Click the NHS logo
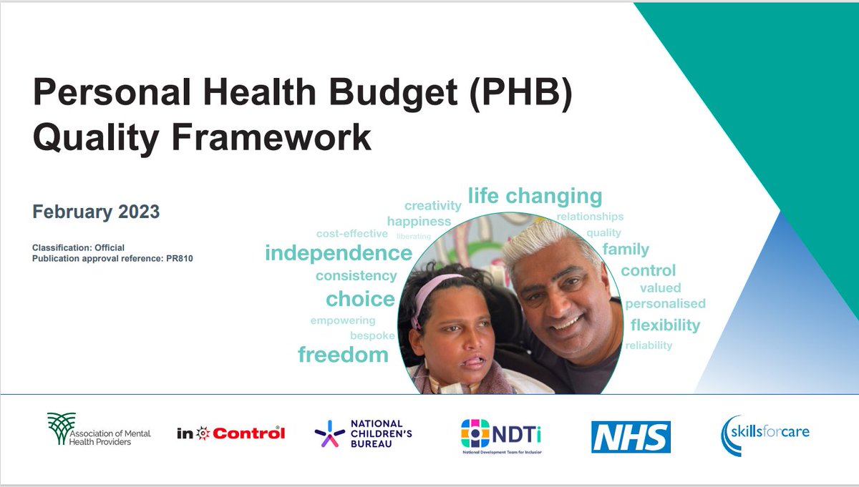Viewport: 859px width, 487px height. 631,436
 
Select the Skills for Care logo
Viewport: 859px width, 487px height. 765,435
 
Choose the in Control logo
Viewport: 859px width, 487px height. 230,433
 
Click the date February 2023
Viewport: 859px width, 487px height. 96,212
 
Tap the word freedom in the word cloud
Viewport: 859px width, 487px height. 343,354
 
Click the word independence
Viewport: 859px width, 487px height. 339,253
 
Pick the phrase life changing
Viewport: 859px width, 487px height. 535,196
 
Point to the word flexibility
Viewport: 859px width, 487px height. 665,325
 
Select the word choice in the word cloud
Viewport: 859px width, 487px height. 360,299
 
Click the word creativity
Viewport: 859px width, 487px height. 433,206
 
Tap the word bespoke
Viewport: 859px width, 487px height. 372,335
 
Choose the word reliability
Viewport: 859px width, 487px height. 649,345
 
